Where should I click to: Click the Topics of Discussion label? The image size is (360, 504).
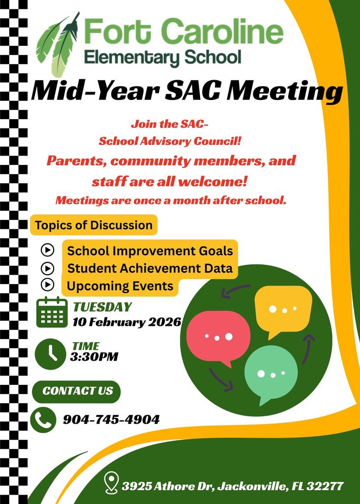[x=93, y=225]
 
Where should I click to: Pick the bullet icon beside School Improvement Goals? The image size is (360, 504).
[x=47, y=251]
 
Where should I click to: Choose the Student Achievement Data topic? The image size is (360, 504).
[x=150, y=268]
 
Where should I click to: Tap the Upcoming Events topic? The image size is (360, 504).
[x=120, y=285]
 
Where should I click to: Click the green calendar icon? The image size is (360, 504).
[x=52, y=313]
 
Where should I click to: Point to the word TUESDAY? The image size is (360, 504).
[x=102, y=307]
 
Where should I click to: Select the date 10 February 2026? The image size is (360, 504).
[x=127, y=322]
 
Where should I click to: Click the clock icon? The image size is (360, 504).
[x=50, y=353]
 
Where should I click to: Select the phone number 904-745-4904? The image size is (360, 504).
[x=111, y=420]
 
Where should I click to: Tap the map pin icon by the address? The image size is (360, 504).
[x=112, y=483]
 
